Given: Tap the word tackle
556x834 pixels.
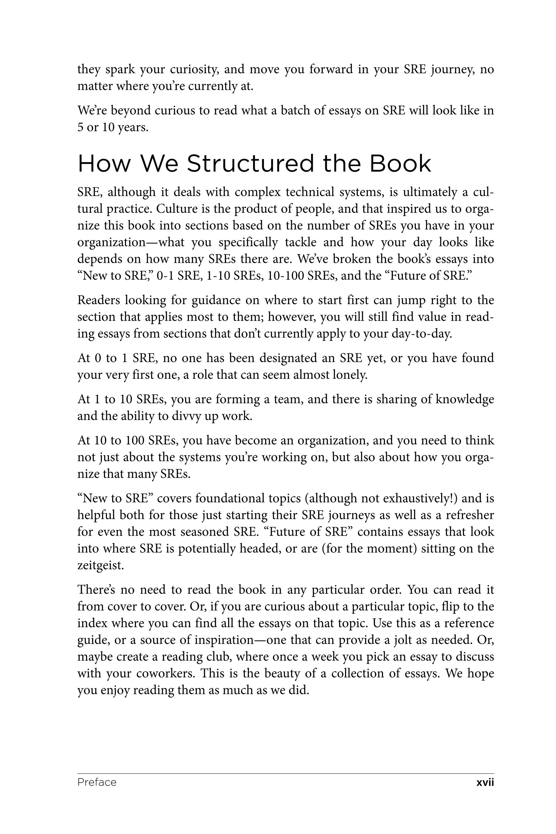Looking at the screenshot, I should [301, 242].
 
